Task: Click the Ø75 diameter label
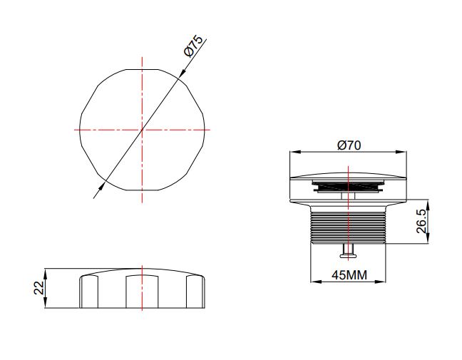[194, 46]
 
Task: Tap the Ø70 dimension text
[349, 145]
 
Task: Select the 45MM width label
[349, 275]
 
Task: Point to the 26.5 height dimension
[421, 222]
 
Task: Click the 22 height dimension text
[39, 288]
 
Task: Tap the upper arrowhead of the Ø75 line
[182, 73]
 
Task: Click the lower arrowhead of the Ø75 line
[102, 186]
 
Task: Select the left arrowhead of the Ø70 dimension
[294, 152]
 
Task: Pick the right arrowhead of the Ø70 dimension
[401, 152]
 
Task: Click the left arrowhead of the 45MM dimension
[316, 282]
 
